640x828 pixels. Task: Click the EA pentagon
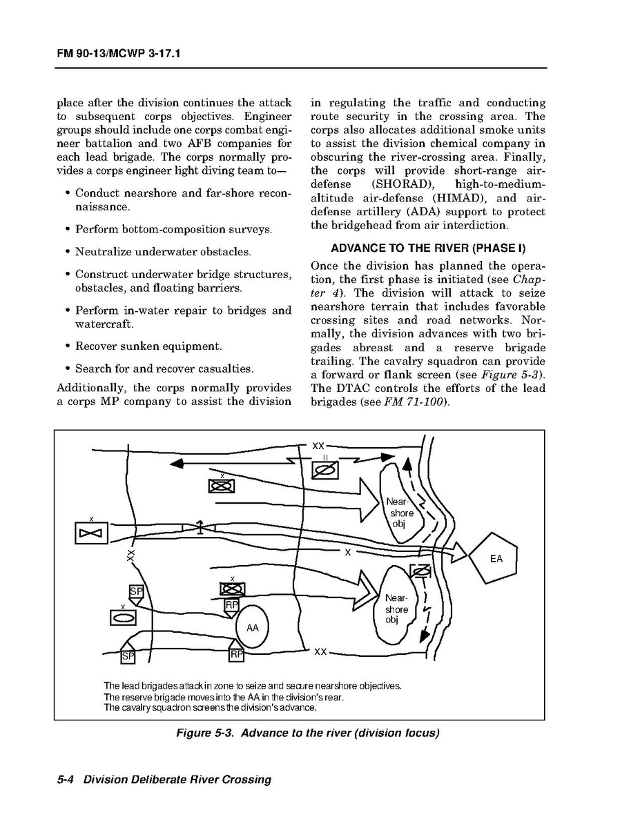coord(495,558)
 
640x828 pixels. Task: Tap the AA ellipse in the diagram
coord(252,627)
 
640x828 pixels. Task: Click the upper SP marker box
coord(136,592)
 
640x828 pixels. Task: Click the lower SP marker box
coord(128,655)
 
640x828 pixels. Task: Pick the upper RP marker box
coord(232,605)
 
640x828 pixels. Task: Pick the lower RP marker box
coord(236,653)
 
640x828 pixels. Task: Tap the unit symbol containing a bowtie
coord(90,533)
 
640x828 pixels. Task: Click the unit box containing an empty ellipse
coord(123,617)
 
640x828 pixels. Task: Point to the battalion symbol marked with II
coord(325,470)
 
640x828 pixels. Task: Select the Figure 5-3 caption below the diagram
coord(307,733)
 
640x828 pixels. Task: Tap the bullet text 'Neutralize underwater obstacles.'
coord(163,252)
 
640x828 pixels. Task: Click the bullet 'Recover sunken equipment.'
coord(148,346)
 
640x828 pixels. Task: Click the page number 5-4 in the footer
coord(66,780)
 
